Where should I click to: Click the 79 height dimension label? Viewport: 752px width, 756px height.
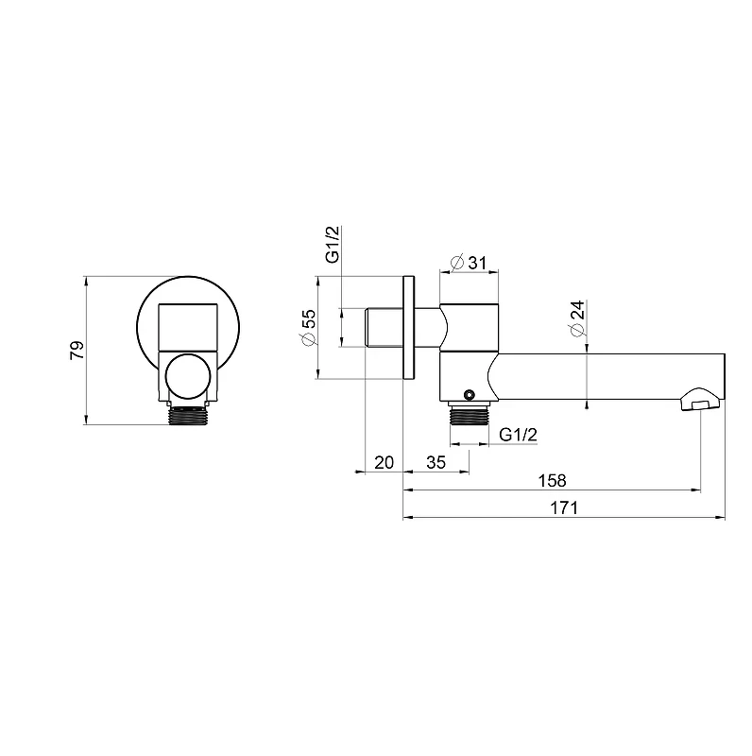pyautogui.click(x=77, y=350)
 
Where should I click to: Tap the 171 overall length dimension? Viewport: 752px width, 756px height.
pyautogui.click(x=563, y=507)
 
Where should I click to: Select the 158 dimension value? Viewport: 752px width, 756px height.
pyautogui.click(x=552, y=480)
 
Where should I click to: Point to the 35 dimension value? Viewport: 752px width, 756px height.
pyautogui.click(x=436, y=462)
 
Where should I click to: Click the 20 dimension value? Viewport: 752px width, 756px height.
pyautogui.click(x=385, y=462)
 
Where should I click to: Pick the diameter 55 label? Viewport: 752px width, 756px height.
pyautogui.click(x=308, y=327)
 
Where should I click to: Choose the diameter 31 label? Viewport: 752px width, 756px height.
pyautogui.click(x=468, y=263)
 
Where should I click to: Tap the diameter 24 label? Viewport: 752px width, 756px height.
pyautogui.click(x=577, y=318)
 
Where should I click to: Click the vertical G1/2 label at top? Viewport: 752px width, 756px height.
pyautogui.click(x=333, y=244)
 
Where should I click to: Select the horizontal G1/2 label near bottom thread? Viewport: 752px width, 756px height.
pyautogui.click(x=518, y=435)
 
